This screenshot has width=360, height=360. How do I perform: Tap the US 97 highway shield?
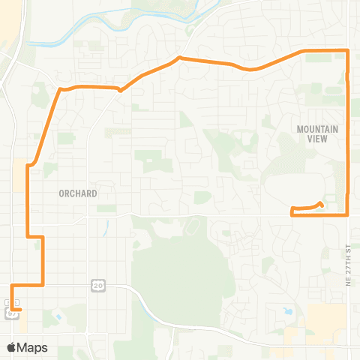point(11,314)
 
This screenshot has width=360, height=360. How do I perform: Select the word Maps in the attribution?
point(33,347)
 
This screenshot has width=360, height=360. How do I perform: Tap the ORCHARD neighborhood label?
point(78,193)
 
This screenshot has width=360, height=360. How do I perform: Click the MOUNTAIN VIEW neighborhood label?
point(318,134)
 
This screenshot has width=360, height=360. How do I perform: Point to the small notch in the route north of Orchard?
point(121,91)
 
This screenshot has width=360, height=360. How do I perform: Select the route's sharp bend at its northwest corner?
point(59,89)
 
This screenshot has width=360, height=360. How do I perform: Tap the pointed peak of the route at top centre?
point(179,57)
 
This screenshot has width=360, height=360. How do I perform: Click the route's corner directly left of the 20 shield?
point(43,285)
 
